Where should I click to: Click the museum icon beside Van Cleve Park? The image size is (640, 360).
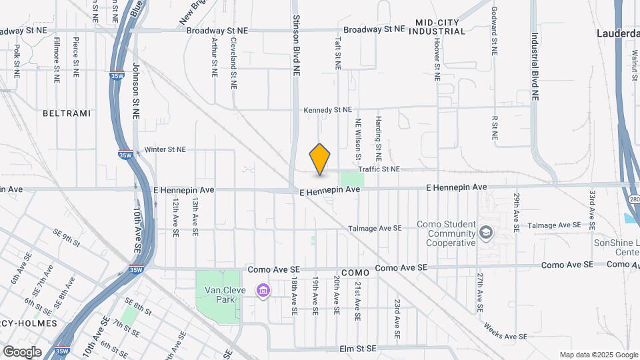click(x=263, y=291)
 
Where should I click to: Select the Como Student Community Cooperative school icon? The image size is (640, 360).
click(x=487, y=232)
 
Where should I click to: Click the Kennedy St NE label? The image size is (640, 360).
click(x=327, y=110)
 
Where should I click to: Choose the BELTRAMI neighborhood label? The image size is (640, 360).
click(x=66, y=113)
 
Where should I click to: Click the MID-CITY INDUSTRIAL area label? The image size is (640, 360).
click(x=437, y=27)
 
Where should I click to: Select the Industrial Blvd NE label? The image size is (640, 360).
click(x=535, y=67)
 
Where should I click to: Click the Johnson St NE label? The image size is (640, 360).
click(x=136, y=90)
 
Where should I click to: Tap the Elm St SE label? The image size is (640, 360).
click(x=358, y=348)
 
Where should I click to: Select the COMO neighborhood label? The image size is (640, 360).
click(x=355, y=273)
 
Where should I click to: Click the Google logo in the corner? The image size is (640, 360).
click(x=22, y=351)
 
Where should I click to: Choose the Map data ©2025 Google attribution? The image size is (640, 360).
click(x=597, y=355)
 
